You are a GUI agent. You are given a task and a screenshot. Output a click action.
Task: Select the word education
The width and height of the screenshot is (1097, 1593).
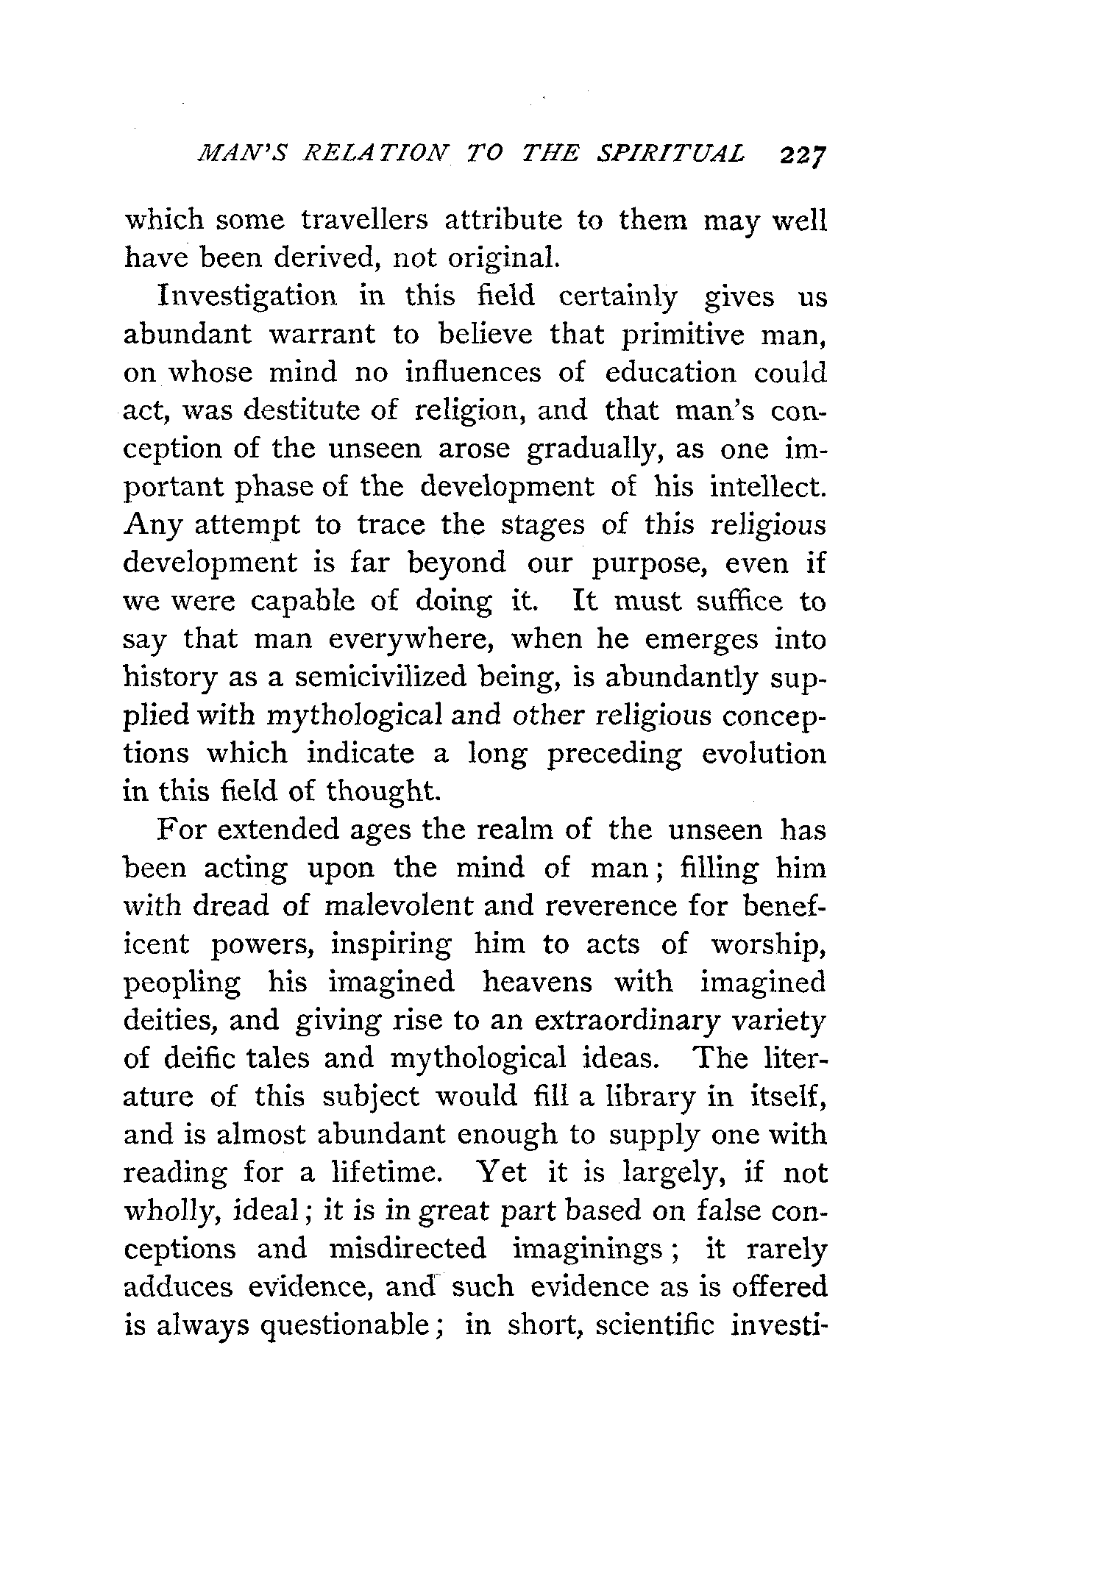click(x=670, y=372)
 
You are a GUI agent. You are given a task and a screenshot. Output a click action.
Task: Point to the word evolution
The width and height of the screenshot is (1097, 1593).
click(x=764, y=754)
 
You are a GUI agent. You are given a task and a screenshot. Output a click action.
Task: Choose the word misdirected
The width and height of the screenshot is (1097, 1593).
click(x=407, y=1250)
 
